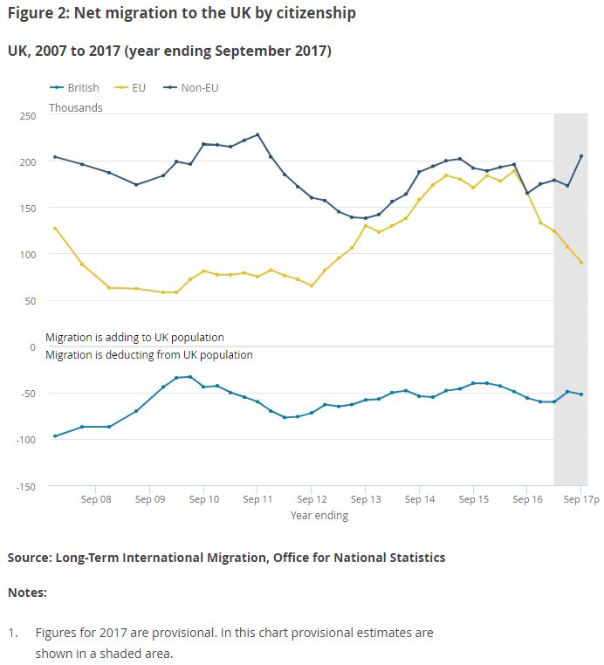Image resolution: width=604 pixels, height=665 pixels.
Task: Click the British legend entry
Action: tap(82, 87)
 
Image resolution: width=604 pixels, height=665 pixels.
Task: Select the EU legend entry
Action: tap(138, 87)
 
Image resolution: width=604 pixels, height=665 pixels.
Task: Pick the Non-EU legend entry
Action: tap(198, 87)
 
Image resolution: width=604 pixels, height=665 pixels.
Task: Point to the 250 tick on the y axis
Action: tap(26, 116)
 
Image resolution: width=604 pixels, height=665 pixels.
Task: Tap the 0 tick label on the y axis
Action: tap(32, 347)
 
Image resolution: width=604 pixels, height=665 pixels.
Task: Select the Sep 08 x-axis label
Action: tap(96, 500)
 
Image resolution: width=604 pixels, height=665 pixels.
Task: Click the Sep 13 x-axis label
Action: tap(366, 500)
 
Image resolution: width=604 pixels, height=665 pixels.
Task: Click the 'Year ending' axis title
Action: tap(319, 516)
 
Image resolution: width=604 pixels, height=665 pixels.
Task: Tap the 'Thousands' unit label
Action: tap(75, 108)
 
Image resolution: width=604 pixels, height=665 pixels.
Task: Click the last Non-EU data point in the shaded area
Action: tap(581, 156)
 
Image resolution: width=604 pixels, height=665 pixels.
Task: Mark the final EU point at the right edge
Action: tap(581, 263)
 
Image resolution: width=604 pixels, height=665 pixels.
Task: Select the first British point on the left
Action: tap(55, 436)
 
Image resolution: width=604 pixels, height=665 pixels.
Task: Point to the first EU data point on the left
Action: tap(55, 228)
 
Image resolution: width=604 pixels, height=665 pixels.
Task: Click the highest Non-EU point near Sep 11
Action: tap(257, 134)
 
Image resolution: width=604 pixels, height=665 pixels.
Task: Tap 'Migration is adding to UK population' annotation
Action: tap(134, 338)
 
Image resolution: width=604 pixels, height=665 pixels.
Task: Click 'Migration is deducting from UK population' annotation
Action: tap(148, 355)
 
